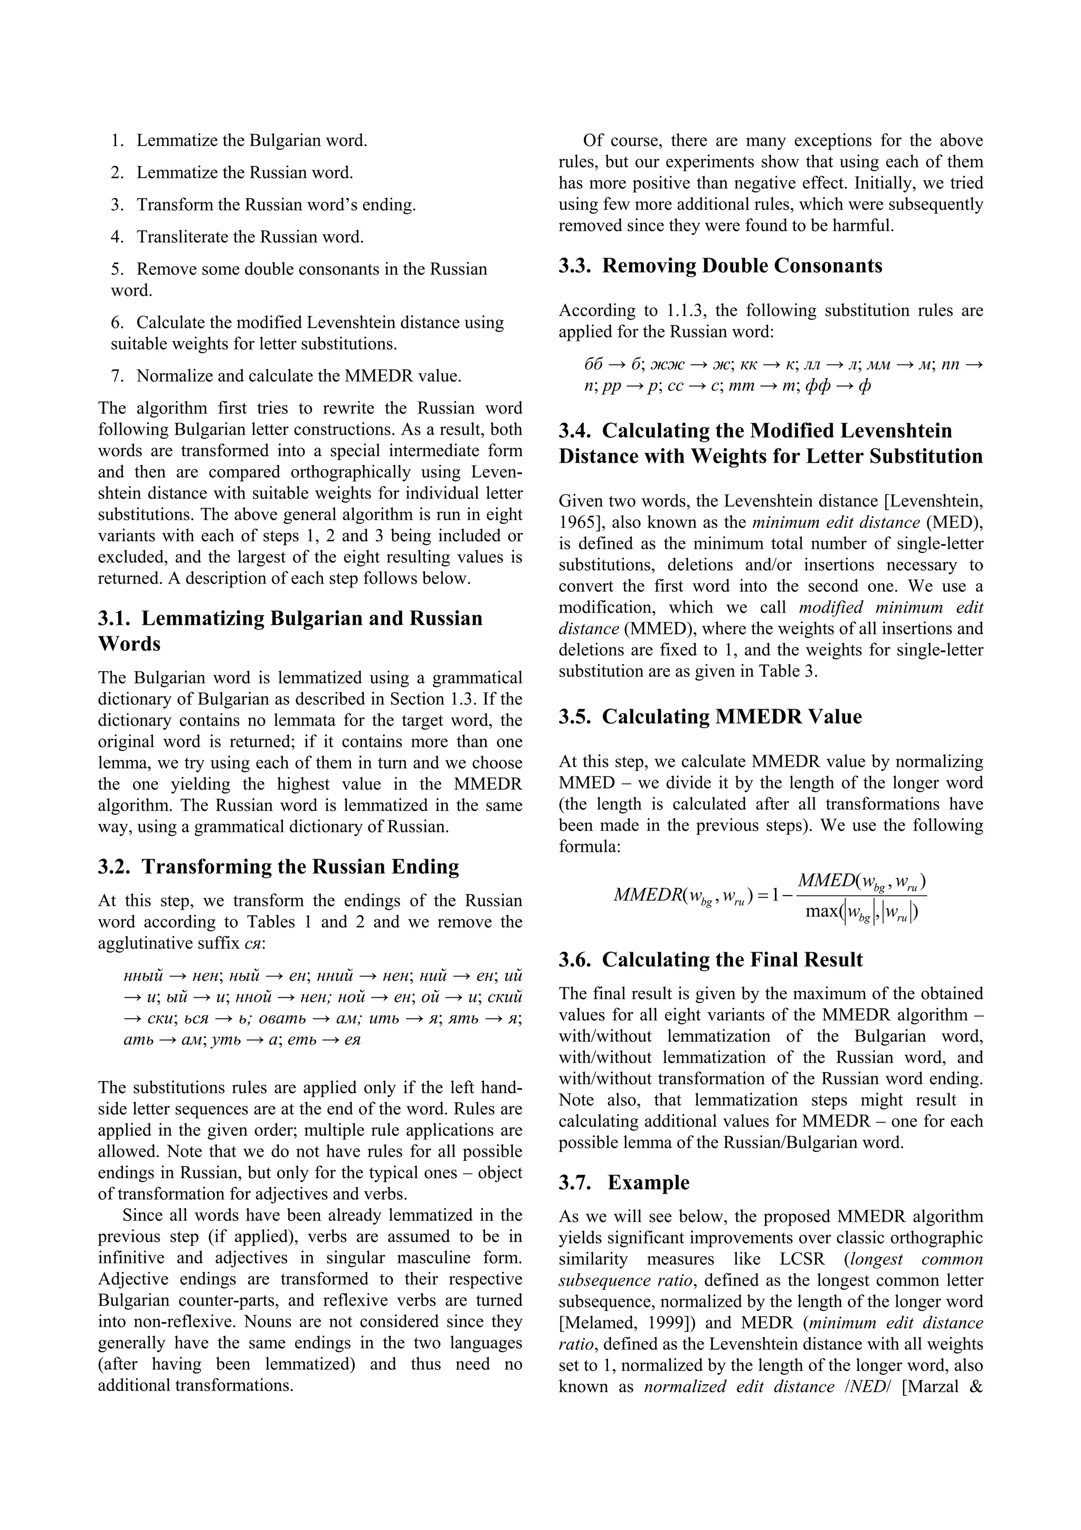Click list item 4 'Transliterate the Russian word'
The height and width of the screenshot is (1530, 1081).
click(x=250, y=237)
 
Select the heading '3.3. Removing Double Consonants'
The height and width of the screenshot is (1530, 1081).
click(x=720, y=266)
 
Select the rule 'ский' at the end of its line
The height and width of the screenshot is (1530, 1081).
click(x=504, y=998)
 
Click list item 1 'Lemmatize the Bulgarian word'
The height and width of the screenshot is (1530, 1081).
click(x=251, y=140)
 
